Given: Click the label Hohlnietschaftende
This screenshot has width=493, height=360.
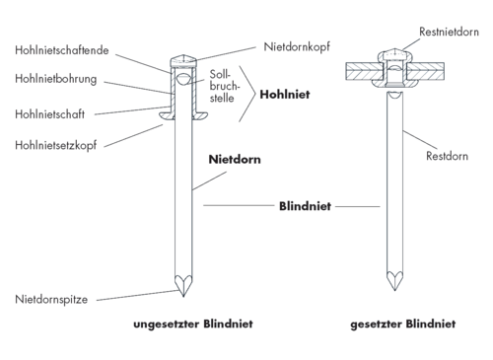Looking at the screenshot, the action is (x=62, y=50).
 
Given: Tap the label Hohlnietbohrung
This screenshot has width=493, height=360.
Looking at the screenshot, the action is (x=56, y=79).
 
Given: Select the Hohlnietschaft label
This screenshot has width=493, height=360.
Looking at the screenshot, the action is (x=49, y=114).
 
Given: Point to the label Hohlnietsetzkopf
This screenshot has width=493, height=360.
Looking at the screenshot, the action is (x=56, y=145).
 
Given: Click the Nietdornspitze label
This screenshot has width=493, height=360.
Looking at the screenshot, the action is (x=51, y=300).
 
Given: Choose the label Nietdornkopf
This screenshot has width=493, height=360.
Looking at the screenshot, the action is (x=297, y=46).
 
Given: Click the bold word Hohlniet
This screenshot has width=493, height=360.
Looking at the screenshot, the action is (x=285, y=95).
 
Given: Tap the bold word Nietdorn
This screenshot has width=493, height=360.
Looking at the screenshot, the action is (x=235, y=160).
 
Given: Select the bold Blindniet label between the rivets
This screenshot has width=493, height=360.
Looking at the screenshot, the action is (x=305, y=206).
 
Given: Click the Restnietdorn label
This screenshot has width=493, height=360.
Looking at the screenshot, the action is (x=449, y=32).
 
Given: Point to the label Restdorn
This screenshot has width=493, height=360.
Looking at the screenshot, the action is (x=447, y=156).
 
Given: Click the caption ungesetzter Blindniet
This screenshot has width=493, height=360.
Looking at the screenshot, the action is (x=193, y=324).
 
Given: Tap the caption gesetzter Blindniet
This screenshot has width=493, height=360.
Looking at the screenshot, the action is (x=403, y=324).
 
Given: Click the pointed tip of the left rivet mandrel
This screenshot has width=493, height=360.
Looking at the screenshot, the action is (x=183, y=296).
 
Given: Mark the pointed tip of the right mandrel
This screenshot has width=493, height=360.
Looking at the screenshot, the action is (x=394, y=290).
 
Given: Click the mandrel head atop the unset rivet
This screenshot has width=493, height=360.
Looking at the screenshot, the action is (x=183, y=61).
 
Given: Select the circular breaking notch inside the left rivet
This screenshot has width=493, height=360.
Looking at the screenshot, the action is (x=183, y=79).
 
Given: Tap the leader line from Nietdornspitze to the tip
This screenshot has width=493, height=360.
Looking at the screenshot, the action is (x=137, y=295).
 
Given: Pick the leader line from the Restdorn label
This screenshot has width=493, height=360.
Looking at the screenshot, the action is (x=420, y=140).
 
